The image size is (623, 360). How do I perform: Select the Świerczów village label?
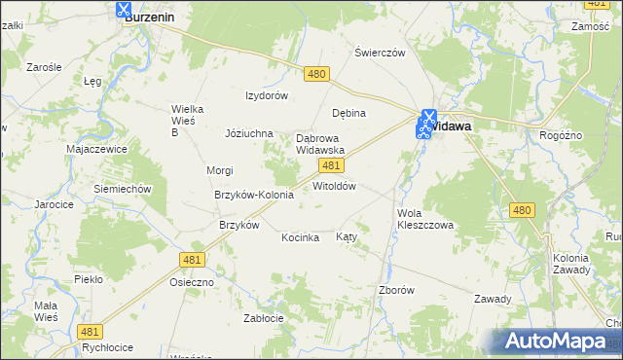(379, 54)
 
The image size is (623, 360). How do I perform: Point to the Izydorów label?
(266, 95)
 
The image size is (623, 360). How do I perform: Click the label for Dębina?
(348, 113)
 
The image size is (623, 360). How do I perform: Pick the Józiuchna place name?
(250, 133)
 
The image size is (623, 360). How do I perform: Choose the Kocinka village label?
(301, 237)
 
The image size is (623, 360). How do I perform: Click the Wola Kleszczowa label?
(425, 219)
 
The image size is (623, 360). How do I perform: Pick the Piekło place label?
(89, 279)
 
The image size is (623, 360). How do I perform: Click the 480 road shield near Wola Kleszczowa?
(522, 210)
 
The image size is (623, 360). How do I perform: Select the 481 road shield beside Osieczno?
(191, 259)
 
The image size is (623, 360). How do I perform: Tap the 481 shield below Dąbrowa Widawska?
(329, 166)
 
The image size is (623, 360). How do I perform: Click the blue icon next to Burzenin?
(124, 10)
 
